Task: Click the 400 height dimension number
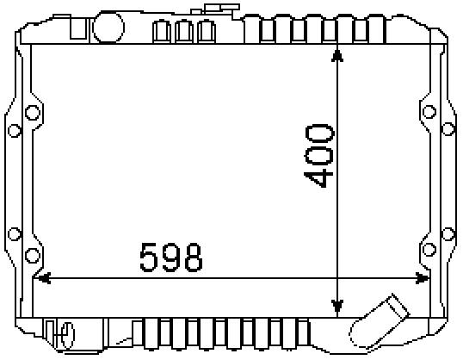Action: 319,156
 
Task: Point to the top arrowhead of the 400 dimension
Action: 337,53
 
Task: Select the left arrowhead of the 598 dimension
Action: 40,278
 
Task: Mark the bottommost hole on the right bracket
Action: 429,251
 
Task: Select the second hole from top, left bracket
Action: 14,131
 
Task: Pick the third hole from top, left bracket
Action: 14,233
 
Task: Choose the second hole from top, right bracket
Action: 448,130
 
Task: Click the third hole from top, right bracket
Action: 448,233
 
